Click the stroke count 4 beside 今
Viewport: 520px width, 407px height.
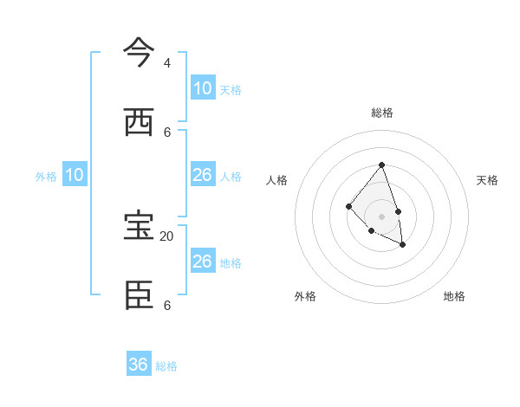point(167,63)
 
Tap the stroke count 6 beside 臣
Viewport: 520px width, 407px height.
point(167,306)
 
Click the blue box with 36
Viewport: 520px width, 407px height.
point(139,365)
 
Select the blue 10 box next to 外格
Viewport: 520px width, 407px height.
point(75,175)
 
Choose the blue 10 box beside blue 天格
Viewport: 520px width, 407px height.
point(203,87)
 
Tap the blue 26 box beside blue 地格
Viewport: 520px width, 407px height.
point(203,262)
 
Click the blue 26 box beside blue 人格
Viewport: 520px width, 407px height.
point(203,175)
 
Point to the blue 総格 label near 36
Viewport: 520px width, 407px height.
point(166,366)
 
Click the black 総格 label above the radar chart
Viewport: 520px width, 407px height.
point(382,113)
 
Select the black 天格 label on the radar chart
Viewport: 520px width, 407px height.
point(487,180)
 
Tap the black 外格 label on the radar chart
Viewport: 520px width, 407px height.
point(305,296)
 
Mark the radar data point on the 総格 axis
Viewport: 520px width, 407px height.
point(381,165)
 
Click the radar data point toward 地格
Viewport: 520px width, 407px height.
point(403,246)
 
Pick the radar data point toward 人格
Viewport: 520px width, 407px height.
point(348,206)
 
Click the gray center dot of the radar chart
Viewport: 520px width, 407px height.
point(381,216)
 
